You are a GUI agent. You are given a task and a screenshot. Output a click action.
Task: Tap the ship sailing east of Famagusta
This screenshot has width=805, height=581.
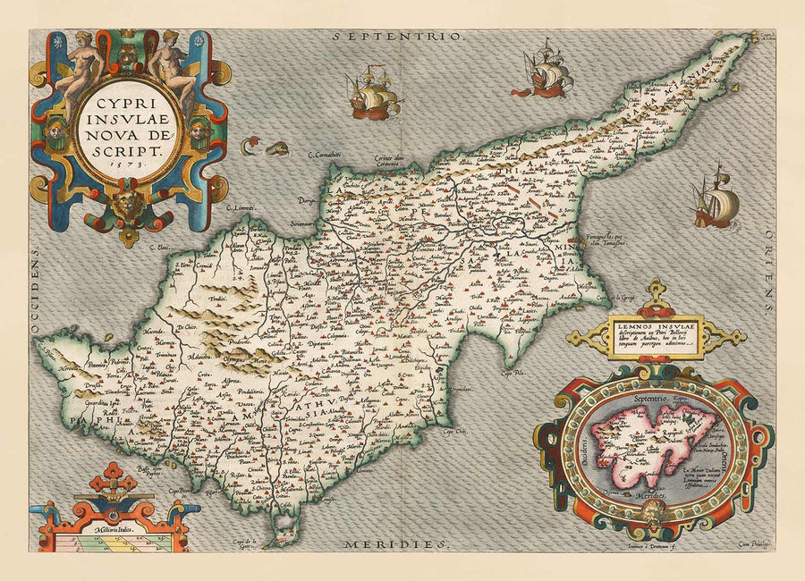[x=716, y=198]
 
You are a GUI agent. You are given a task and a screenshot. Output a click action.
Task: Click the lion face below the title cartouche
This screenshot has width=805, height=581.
[x=129, y=203]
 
